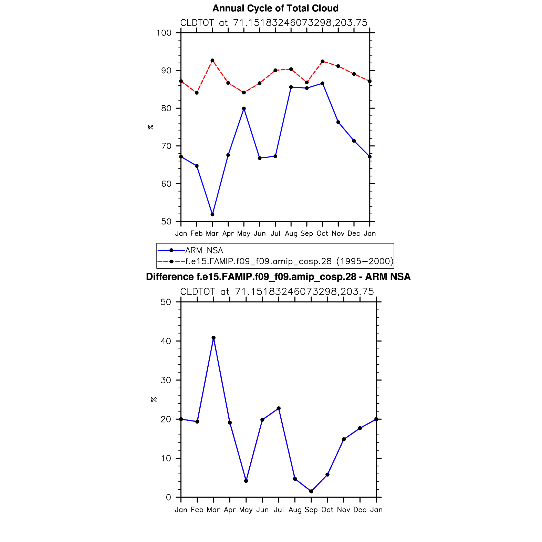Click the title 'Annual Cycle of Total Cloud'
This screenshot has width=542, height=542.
point(275,8)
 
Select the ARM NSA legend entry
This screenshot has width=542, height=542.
point(204,250)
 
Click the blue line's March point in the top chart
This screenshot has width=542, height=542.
point(212,215)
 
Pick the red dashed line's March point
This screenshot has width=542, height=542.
point(212,61)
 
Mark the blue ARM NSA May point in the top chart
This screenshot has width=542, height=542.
point(244,108)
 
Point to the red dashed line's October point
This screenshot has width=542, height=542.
point(322,61)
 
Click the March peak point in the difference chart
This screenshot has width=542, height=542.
point(213,338)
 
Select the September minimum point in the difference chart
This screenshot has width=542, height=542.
point(311,491)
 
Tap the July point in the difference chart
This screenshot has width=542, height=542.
point(279,408)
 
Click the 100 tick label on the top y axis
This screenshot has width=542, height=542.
point(164,33)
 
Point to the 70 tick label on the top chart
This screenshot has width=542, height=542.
point(166,146)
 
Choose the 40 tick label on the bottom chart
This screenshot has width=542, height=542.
point(166,341)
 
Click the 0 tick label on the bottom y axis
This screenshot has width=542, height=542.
point(168,498)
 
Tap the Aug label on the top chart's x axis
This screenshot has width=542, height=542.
point(291,233)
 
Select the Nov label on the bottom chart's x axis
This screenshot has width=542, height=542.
point(344,510)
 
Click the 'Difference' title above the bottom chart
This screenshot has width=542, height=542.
point(278,277)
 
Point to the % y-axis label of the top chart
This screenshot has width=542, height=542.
point(150,127)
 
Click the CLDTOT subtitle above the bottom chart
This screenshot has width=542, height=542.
point(277,292)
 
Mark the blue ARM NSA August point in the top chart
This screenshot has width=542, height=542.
point(291,87)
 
